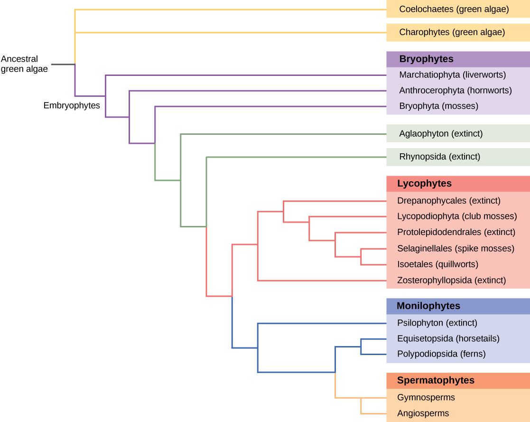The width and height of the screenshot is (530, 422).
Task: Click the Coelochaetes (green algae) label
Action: (x=454, y=9)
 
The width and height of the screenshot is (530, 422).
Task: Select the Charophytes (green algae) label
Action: (x=452, y=32)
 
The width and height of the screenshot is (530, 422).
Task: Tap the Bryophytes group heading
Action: (x=426, y=59)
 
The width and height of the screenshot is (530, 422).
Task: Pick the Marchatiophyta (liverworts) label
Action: (x=452, y=75)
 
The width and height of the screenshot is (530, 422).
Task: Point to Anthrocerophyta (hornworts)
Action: (x=455, y=90)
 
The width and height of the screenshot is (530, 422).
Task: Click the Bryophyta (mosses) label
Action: (x=438, y=106)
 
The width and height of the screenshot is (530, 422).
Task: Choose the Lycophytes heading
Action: (x=424, y=184)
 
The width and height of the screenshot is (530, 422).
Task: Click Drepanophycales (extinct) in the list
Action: (x=448, y=201)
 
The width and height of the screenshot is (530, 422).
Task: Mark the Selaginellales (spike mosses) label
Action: (x=456, y=248)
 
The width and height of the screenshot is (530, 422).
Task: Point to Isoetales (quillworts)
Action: (x=437, y=264)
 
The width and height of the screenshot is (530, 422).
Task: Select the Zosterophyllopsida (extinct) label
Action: (x=451, y=281)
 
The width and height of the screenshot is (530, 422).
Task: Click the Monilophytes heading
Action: (x=428, y=306)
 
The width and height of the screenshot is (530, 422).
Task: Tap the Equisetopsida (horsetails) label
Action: (x=448, y=339)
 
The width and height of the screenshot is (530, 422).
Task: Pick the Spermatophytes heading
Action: (x=435, y=381)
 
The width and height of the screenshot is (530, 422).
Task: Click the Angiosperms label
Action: (x=423, y=413)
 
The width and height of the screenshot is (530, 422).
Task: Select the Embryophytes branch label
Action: (x=72, y=106)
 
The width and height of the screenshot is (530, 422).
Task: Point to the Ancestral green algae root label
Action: (x=25, y=64)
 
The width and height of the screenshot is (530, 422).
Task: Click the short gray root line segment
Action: (x=63, y=64)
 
